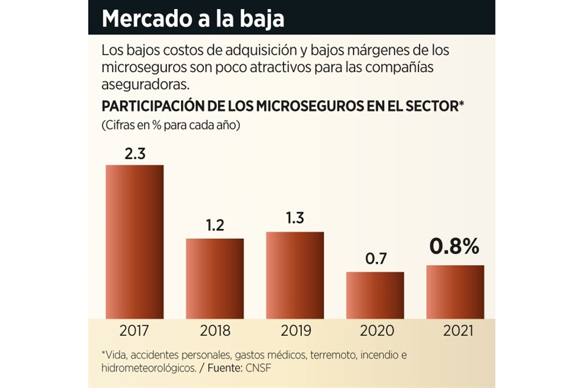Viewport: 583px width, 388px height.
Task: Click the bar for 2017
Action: (x=135, y=241)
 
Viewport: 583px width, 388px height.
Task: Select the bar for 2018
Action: (x=215, y=278)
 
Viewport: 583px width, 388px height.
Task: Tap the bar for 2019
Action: (x=295, y=275)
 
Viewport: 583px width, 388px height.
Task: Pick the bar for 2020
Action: (x=375, y=295)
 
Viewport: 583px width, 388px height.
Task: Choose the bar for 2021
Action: (x=455, y=292)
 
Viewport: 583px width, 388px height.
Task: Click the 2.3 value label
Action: (x=135, y=154)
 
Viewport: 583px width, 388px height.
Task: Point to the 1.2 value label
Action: (x=215, y=226)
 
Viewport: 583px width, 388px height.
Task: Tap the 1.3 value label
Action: (x=295, y=219)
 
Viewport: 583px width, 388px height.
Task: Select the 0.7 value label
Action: (x=375, y=259)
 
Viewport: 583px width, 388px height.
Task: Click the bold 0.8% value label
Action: (x=455, y=247)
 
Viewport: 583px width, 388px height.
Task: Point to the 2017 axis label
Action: (x=135, y=331)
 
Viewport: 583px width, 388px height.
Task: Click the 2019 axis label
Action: (x=295, y=331)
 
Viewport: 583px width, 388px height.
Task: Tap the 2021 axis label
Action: (x=455, y=331)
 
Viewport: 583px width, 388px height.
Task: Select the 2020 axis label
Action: (x=375, y=331)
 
